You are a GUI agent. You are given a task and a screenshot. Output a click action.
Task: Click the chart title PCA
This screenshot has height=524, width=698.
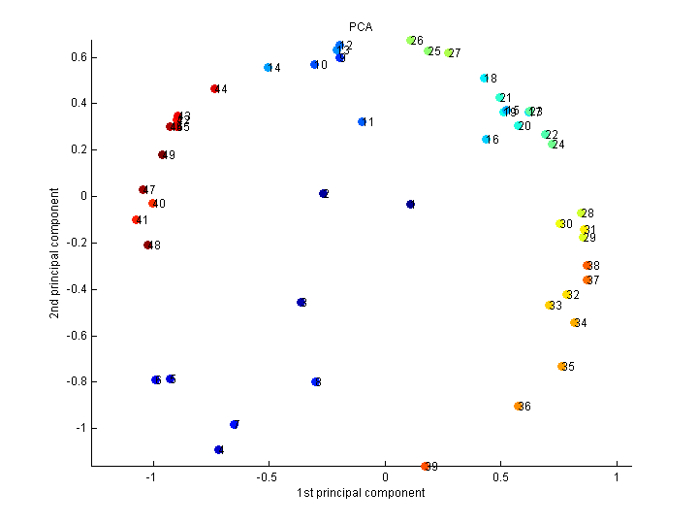tap(361, 26)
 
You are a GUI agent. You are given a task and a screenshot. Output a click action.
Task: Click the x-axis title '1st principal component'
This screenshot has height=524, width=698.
tap(361, 493)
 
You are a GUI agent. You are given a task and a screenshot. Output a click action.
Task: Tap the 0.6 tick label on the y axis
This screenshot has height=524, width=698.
tap(78, 57)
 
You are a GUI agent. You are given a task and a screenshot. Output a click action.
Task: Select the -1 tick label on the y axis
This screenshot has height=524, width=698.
tap(81, 428)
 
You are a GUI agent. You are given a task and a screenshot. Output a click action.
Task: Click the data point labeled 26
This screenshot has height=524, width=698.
tap(411, 41)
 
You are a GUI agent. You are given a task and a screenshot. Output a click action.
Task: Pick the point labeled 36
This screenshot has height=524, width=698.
tap(519, 406)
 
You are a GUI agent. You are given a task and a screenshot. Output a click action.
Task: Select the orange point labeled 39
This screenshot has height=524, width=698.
tap(426, 466)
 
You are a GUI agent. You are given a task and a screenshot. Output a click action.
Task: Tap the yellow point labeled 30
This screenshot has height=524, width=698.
tap(560, 224)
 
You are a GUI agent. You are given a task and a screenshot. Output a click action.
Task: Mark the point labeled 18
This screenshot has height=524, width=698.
tap(484, 78)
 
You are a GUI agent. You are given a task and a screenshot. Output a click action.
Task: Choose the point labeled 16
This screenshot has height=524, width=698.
tap(487, 139)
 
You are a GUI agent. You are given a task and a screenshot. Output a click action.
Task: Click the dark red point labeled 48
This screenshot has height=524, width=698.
tap(147, 245)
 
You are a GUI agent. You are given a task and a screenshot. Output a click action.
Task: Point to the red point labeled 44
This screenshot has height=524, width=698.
tap(214, 88)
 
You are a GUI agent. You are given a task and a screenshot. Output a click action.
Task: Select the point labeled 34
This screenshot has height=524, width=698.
tap(575, 322)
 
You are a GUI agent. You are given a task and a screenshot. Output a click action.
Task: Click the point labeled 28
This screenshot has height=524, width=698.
tap(582, 213)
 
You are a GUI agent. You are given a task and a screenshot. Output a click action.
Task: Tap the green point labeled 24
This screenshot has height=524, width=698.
tap(553, 144)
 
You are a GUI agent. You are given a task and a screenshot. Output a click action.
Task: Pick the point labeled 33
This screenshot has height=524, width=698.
tap(550, 305)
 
